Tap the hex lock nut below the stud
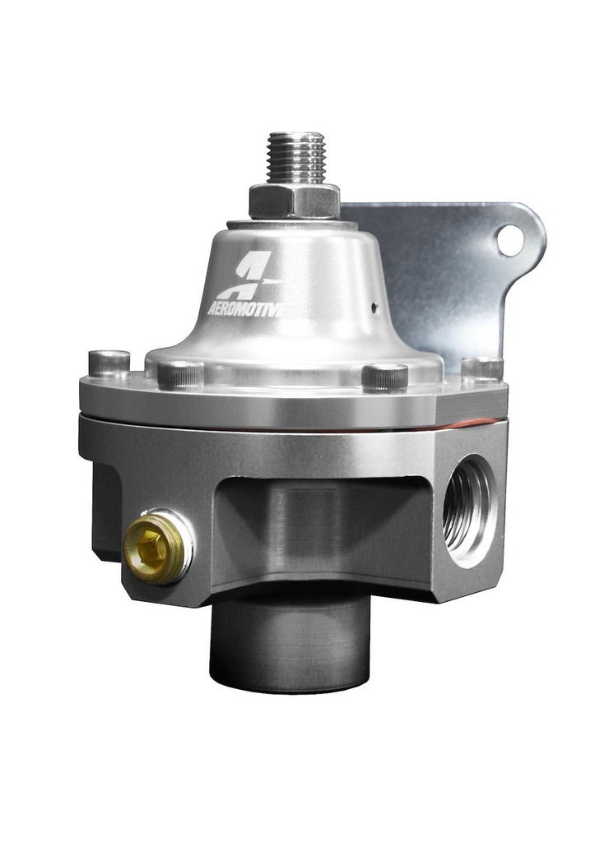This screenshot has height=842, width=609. pos(294,200)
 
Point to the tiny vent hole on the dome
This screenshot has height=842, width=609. pos(373,308)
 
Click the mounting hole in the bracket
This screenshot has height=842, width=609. pos(510,239)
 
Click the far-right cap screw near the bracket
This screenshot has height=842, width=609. pos(482,368)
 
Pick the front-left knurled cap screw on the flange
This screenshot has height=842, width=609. pos(180,374)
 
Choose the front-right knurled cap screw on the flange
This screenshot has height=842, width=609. pos(384,376)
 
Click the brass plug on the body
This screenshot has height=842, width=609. pos(155,548)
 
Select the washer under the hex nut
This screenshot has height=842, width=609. pos(284,222)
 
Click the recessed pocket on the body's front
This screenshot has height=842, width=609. pos(321,526)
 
